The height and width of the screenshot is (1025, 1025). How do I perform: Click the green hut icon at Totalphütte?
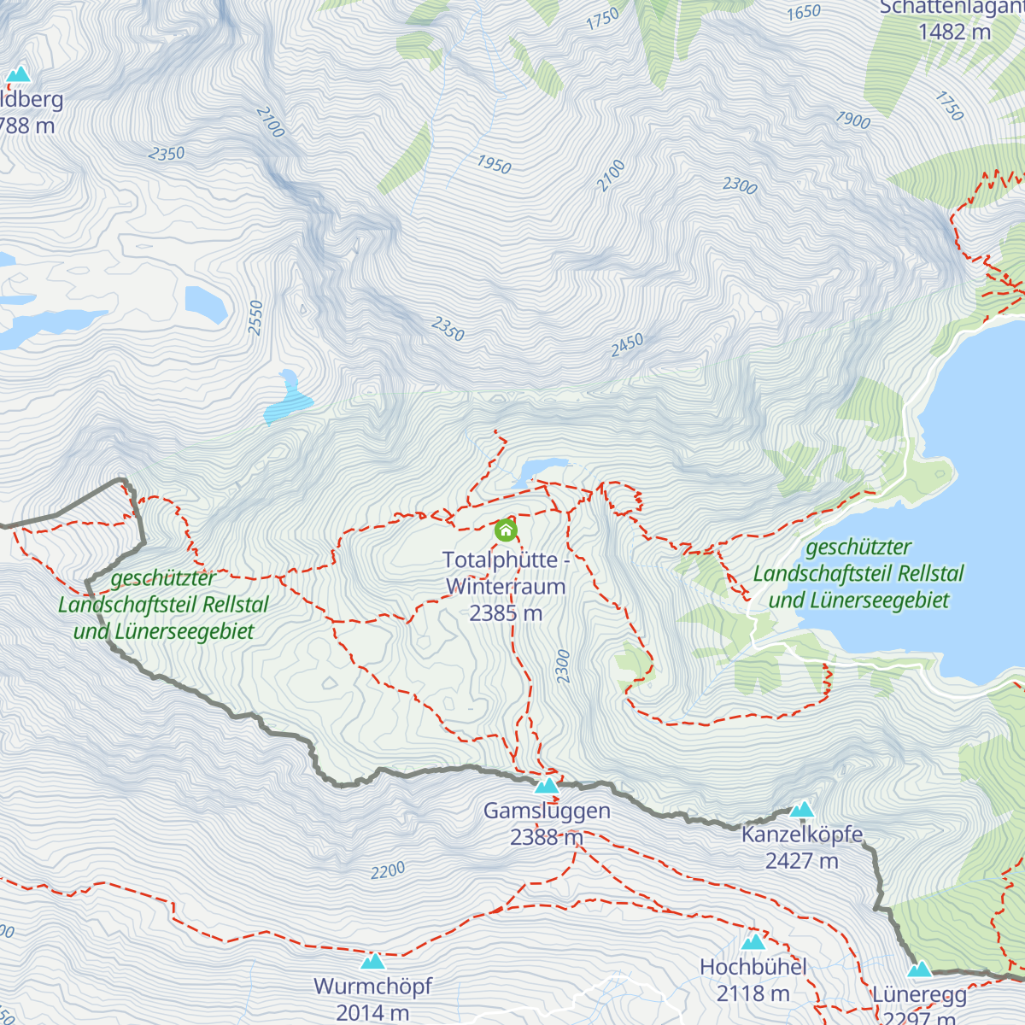coord(506,530)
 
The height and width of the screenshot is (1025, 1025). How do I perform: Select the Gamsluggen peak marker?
coord(547,785)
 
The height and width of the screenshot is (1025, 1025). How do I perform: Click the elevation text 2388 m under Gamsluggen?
coord(547,837)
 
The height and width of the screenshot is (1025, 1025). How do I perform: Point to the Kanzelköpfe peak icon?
coord(801,809)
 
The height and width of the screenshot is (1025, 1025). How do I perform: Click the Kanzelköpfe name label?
coord(802,834)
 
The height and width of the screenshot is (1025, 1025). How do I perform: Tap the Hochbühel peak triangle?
coord(753,941)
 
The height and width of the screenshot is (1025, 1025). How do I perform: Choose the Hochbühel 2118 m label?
coord(753,980)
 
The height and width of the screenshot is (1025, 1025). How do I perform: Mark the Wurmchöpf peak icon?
coord(372,961)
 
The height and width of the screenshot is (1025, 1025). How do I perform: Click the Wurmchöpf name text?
coord(372,987)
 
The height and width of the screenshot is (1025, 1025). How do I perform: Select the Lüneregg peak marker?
coord(919,969)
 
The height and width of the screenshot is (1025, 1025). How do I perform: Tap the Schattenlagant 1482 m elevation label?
coord(954,32)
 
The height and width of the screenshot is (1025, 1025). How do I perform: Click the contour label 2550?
coord(255,318)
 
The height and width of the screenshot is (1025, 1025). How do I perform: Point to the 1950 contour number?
coord(494,164)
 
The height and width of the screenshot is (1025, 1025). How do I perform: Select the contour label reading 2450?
coord(627,345)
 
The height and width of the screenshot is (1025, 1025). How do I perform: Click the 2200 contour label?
coord(388,871)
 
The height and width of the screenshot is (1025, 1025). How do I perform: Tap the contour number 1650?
coord(804,12)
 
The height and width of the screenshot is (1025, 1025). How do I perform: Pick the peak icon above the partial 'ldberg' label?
coord(18,75)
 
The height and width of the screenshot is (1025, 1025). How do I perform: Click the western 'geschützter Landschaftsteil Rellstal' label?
coord(163,605)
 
